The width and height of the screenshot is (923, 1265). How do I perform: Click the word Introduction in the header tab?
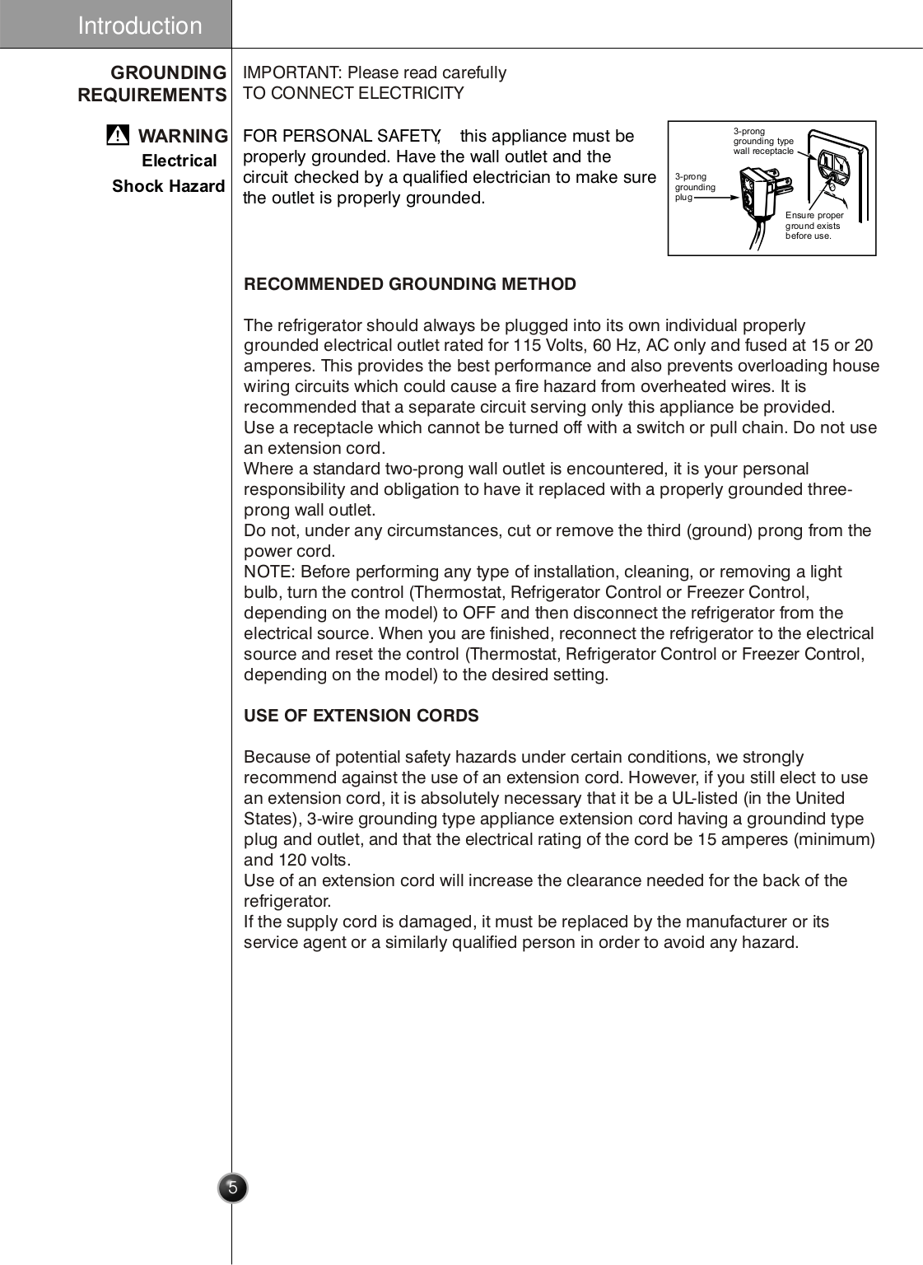(x=139, y=26)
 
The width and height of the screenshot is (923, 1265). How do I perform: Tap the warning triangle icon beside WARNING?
(x=118, y=135)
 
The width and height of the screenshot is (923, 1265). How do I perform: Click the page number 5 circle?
(x=233, y=1188)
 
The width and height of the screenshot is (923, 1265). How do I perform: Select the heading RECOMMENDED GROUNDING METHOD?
(x=409, y=284)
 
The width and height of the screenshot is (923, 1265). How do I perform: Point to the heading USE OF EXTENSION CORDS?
(x=361, y=716)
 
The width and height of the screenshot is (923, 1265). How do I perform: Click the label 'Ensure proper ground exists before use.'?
(x=813, y=226)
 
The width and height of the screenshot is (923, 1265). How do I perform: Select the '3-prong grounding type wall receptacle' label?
(x=763, y=141)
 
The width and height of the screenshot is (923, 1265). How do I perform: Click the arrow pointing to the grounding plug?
(x=718, y=198)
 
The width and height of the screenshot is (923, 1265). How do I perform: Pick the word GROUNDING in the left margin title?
(x=168, y=72)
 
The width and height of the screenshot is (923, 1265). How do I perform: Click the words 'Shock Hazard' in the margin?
(x=168, y=186)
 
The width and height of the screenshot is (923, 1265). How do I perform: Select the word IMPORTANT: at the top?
(x=292, y=72)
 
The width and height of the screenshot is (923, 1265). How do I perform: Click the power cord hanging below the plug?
(x=758, y=236)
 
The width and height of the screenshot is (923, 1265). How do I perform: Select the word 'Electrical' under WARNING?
(x=179, y=161)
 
